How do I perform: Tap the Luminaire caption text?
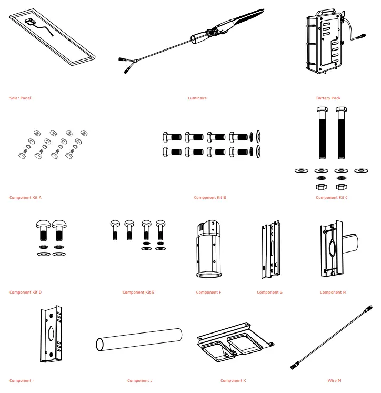click(x=197, y=98)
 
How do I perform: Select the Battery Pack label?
click(x=328, y=98)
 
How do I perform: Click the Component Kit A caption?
click(x=25, y=197)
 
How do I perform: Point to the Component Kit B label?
click(x=209, y=197)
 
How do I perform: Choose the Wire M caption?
click(x=334, y=380)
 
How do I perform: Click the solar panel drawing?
click(x=53, y=39)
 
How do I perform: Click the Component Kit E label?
click(x=138, y=292)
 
